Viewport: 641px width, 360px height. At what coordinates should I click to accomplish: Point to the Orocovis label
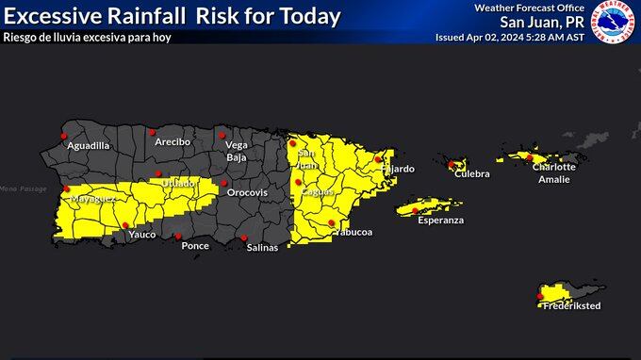click(246, 192)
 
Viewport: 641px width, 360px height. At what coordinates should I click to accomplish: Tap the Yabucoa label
click(353, 232)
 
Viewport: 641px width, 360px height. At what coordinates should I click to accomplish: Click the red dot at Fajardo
click(378, 159)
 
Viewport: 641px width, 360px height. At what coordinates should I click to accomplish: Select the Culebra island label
click(472, 174)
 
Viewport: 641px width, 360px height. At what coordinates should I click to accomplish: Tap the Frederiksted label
click(571, 306)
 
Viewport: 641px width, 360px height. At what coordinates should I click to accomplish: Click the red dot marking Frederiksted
click(540, 297)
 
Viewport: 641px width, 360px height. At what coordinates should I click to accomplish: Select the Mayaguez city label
click(93, 200)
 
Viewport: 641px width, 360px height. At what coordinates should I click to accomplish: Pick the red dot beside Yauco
click(126, 224)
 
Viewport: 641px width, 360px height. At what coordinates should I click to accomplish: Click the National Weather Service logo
click(614, 23)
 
